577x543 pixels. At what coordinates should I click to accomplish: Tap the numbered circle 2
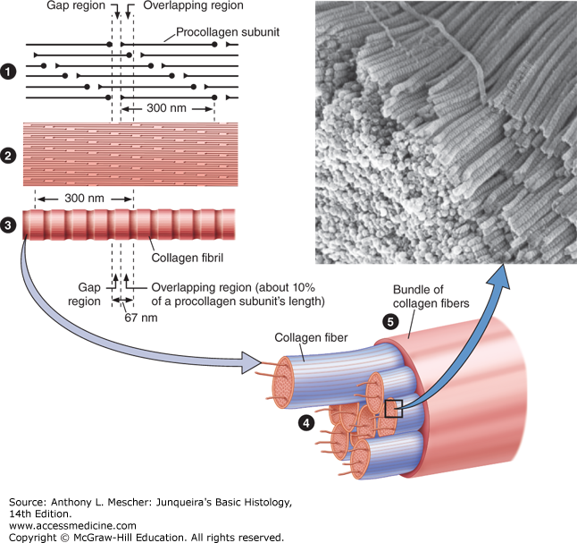pyautogui.click(x=11, y=157)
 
